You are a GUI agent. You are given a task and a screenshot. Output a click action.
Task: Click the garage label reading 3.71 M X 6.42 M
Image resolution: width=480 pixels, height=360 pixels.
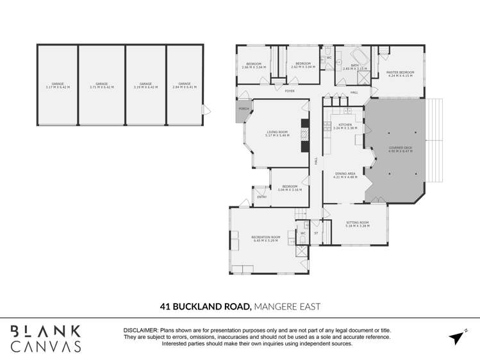coord(102,85)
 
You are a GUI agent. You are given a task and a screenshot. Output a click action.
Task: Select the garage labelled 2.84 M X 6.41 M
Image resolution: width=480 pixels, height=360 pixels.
coord(185,85)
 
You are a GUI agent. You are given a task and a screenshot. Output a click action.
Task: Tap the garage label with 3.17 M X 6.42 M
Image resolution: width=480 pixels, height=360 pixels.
coord(58,85)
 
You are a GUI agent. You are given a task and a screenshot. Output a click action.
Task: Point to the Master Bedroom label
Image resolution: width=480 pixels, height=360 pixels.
coord(401,74)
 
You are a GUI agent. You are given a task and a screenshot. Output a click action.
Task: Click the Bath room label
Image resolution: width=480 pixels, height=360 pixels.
coord(354,67)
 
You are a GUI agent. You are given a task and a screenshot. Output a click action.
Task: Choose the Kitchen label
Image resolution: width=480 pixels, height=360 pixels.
coord(345,126)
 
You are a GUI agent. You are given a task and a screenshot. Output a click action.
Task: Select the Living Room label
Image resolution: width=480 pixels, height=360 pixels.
coord(278,134)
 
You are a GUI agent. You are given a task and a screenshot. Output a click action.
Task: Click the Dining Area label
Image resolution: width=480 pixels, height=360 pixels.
coord(345,175)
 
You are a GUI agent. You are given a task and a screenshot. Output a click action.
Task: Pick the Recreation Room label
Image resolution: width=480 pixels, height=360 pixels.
coord(267,239)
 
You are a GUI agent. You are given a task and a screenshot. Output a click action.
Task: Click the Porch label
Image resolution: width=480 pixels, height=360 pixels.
coord(244,109)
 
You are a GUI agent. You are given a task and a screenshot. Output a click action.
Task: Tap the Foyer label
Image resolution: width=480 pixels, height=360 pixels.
coord(290,91)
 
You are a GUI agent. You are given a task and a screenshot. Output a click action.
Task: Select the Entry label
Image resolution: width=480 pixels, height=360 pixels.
coord(261,197)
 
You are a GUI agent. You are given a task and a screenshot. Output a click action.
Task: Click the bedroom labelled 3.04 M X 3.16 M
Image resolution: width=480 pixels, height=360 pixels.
coord(289,188)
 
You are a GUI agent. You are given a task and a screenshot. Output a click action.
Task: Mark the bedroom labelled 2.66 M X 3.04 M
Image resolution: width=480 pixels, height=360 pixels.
coord(254,65)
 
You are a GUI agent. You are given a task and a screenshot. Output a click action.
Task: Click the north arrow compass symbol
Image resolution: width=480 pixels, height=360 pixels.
coord(457,337)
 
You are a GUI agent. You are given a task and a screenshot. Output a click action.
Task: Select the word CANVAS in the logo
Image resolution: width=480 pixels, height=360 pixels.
coord(46,347)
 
